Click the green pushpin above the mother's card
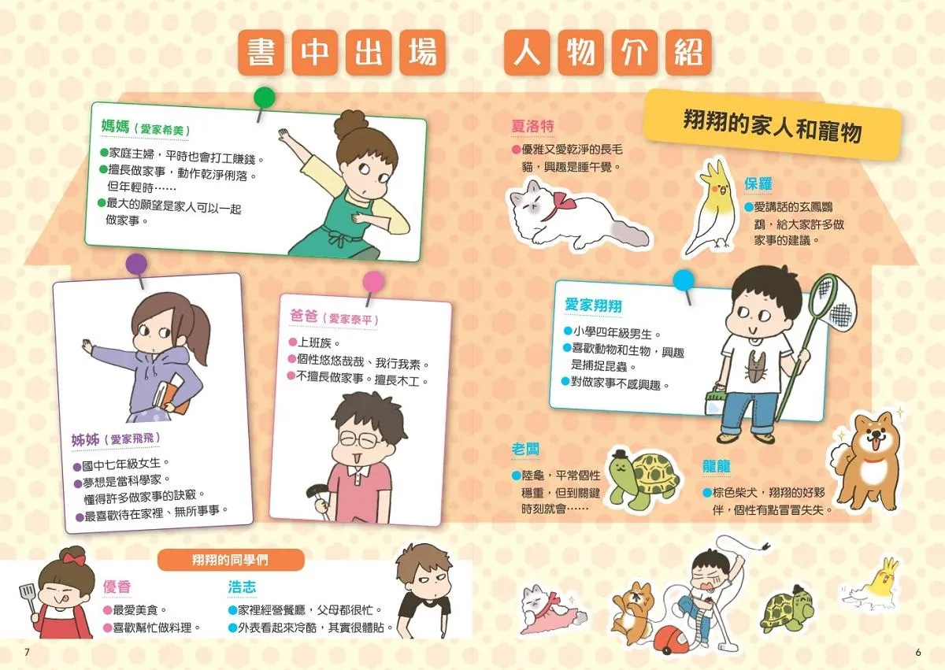click(264, 98)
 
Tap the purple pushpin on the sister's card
click(137, 265)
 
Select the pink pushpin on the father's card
click(373, 281)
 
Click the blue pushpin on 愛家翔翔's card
click(684, 280)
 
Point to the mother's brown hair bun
click(351, 123)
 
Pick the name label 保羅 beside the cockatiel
click(758, 183)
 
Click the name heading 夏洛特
click(532, 126)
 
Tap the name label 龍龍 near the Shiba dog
click(717, 466)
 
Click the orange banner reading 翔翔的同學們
click(230, 560)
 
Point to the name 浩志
click(242, 587)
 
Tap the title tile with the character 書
click(261, 52)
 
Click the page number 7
click(27, 652)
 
